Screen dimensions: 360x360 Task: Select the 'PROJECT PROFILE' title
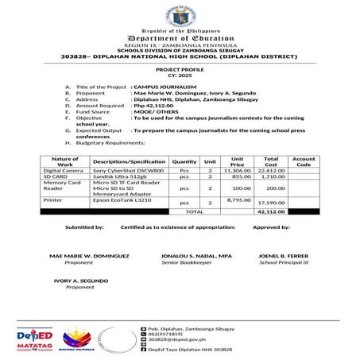click(x=180, y=70)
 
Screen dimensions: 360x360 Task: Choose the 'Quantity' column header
click(x=184, y=161)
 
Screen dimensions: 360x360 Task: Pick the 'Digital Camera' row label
click(x=62, y=171)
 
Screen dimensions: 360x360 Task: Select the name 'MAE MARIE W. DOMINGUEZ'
click(x=89, y=257)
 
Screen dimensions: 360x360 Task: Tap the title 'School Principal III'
click(x=283, y=263)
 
